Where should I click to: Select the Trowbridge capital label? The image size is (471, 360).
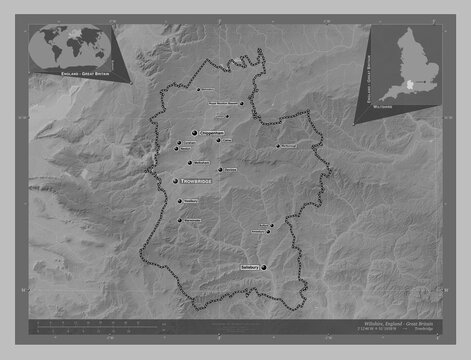pos(196,181)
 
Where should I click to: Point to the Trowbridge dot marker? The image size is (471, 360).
pos(175,181)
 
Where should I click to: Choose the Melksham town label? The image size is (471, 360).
pos(201,162)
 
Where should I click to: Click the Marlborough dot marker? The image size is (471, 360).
pos(279,146)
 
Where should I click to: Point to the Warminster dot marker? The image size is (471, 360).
pos(179,219)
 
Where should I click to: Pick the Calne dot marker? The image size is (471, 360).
pos(218,141)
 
